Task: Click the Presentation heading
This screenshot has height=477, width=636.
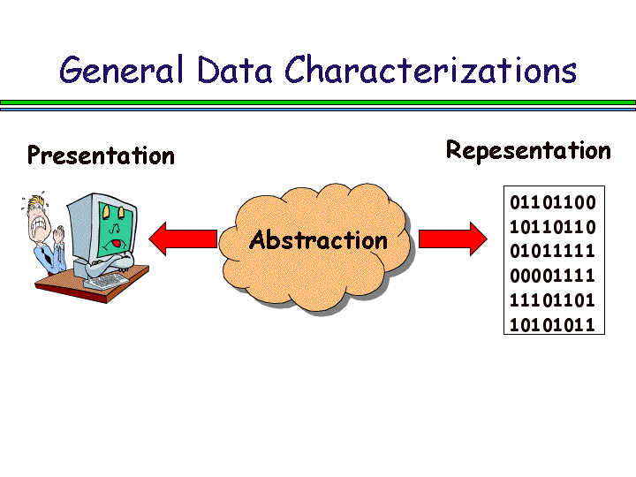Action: coord(101,156)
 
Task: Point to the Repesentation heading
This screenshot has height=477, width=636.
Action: coord(528,151)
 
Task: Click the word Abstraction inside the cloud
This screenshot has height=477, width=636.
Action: coord(318,240)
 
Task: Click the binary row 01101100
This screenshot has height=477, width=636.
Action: coord(553,202)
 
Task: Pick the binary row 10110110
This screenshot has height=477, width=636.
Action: coord(553,227)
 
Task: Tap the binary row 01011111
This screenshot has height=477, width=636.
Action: coord(553,252)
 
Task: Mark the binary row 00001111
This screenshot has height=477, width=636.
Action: coord(553,276)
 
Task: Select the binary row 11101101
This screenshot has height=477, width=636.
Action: coord(553,300)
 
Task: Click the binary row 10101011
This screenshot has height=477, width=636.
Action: coord(553,324)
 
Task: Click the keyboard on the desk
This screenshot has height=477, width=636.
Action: coord(108,282)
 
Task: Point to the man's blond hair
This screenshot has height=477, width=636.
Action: coord(37,201)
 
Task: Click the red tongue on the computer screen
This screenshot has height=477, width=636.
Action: coord(116,242)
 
